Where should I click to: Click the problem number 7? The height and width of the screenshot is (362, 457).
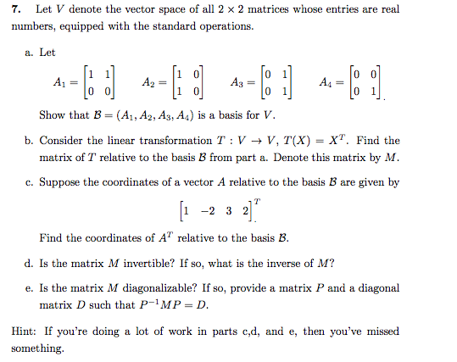coord(15,10)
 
